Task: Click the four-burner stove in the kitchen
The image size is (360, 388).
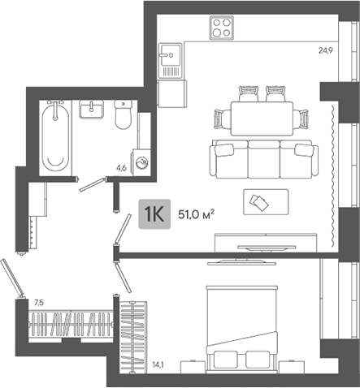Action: click(x=222, y=29)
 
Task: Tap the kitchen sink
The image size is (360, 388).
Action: click(x=170, y=58)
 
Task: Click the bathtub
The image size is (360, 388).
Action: click(x=55, y=136)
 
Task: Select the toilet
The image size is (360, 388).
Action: click(x=124, y=116)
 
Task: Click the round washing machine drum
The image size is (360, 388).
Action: click(x=141, y=162)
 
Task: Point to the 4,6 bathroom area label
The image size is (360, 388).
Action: click(x=121, y=168)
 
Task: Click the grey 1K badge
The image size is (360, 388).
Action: click(x=154, y=215)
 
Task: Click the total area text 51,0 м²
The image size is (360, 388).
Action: click(x=194, y=216)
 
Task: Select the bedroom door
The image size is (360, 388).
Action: click(x=121, y=277)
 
